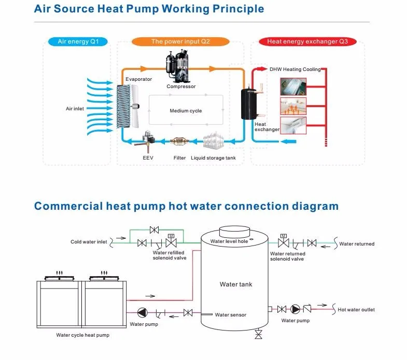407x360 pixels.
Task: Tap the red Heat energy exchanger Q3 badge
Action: (x=307, y=41)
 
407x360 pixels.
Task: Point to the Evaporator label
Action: (x=138, y=79)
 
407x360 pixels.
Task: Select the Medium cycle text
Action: (x=186, y=111)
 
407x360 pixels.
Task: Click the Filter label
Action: (x=179, y=157)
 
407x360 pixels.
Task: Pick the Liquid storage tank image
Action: (x=213, y=141)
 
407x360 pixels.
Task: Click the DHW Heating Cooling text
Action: (x=295, y=69)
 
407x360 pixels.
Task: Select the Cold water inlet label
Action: (x=89, y=242)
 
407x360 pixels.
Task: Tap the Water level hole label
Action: (x=229, y=241)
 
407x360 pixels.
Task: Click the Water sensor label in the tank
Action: (x=230, y=315)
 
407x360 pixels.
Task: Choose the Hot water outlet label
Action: (x=356, y=310)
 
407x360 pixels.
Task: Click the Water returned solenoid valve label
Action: (x=288, y=256)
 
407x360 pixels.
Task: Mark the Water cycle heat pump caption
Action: (x=83, y=335)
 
